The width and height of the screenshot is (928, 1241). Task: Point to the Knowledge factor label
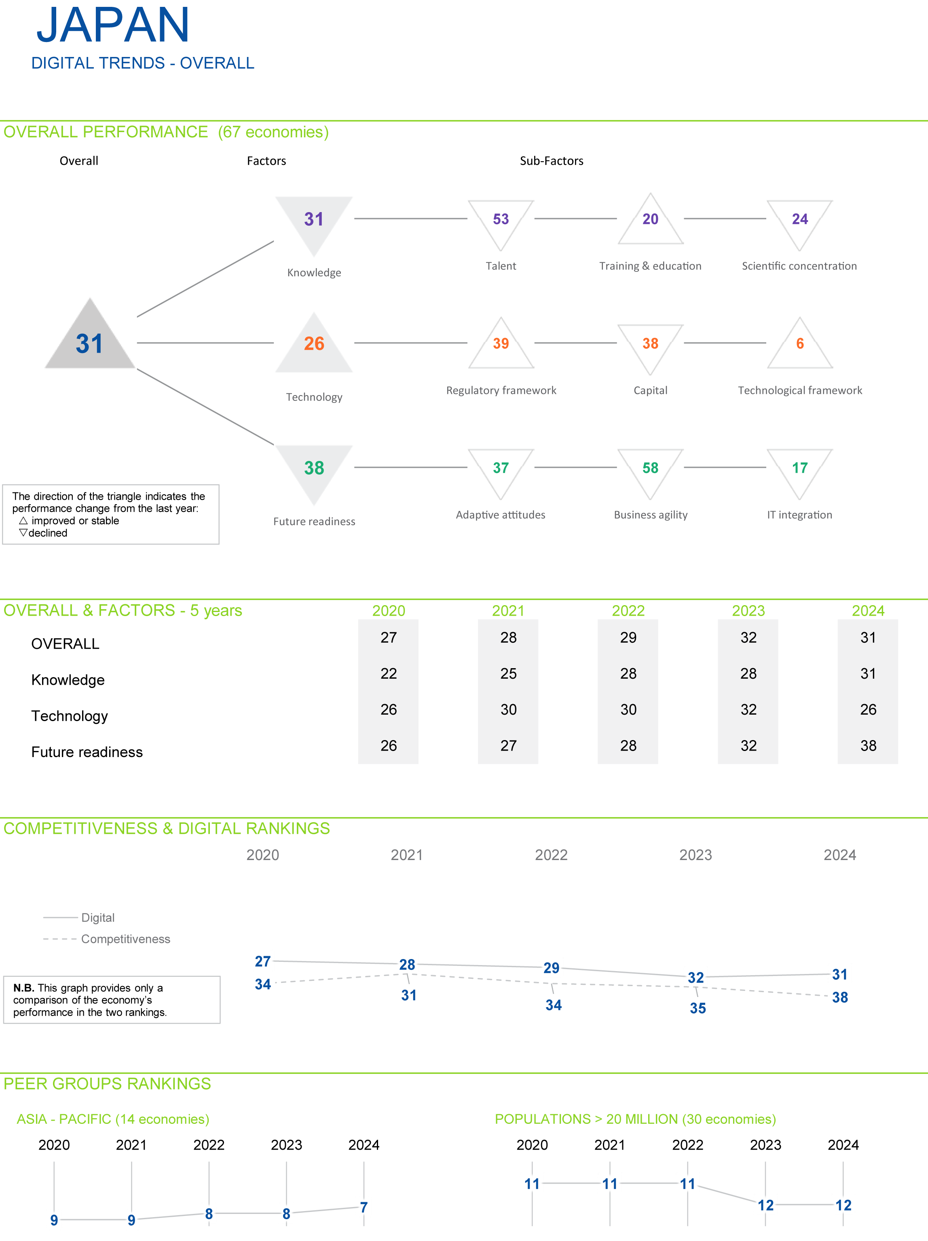point(314,273)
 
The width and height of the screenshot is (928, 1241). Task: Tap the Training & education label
point(650,266)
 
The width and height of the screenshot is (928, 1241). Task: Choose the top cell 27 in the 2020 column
point(389,637)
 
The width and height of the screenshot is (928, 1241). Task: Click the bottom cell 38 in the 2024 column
point(868,746)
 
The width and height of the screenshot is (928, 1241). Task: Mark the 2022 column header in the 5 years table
point(628,610)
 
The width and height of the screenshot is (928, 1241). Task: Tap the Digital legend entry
point(98,917)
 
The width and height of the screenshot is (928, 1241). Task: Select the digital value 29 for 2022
point(551,968)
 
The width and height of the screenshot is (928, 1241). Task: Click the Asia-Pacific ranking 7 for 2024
point(364,1207)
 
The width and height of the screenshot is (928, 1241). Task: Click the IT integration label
point(799,515)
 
